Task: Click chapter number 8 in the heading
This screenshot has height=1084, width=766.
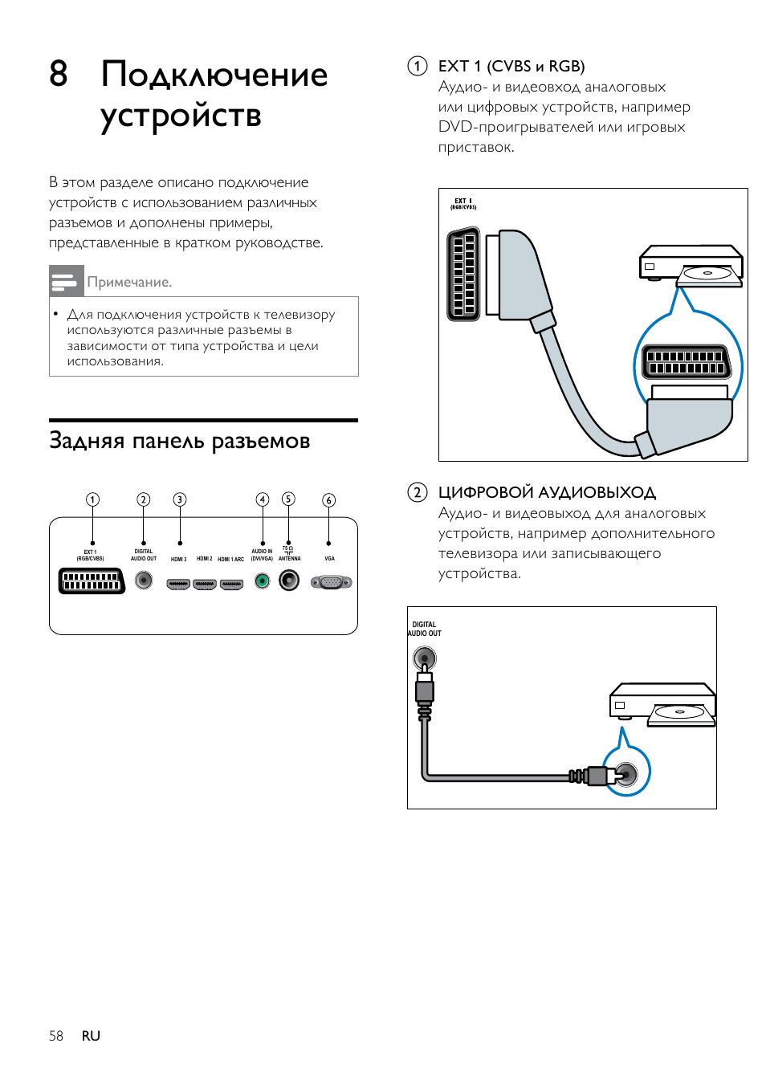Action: coord(58,74)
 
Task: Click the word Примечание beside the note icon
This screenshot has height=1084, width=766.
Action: coord(129,282)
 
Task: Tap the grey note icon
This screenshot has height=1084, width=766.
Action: coord(66,281)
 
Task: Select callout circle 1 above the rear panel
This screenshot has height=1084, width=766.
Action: coord(93,499)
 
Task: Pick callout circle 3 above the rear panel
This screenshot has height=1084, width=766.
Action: coord(180,499)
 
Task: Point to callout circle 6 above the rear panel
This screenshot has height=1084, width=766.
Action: coord(328,500)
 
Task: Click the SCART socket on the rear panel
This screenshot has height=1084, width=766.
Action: coord(92,581)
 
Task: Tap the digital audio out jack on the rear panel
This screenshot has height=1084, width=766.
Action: coord(144,580)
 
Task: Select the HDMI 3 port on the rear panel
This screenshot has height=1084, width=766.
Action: coord(178,585)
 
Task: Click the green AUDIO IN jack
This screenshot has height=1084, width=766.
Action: coord(262,581)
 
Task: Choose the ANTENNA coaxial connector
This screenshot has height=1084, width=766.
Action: coord(289,580)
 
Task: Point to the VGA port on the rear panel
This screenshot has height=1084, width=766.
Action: coord(331,582)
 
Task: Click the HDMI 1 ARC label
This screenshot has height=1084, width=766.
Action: coord(231,559)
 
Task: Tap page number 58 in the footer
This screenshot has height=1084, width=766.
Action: coord(56,1036)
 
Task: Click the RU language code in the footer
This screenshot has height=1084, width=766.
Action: coord(91,1036)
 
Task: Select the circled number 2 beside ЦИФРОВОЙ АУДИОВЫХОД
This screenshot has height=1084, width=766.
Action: coord(418,492)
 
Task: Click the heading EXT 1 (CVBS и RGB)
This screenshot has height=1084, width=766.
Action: coord(511,66)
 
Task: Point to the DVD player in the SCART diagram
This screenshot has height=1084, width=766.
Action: coord(691,264)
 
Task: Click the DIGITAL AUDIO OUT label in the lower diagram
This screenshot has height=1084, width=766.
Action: coord(425,629)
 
